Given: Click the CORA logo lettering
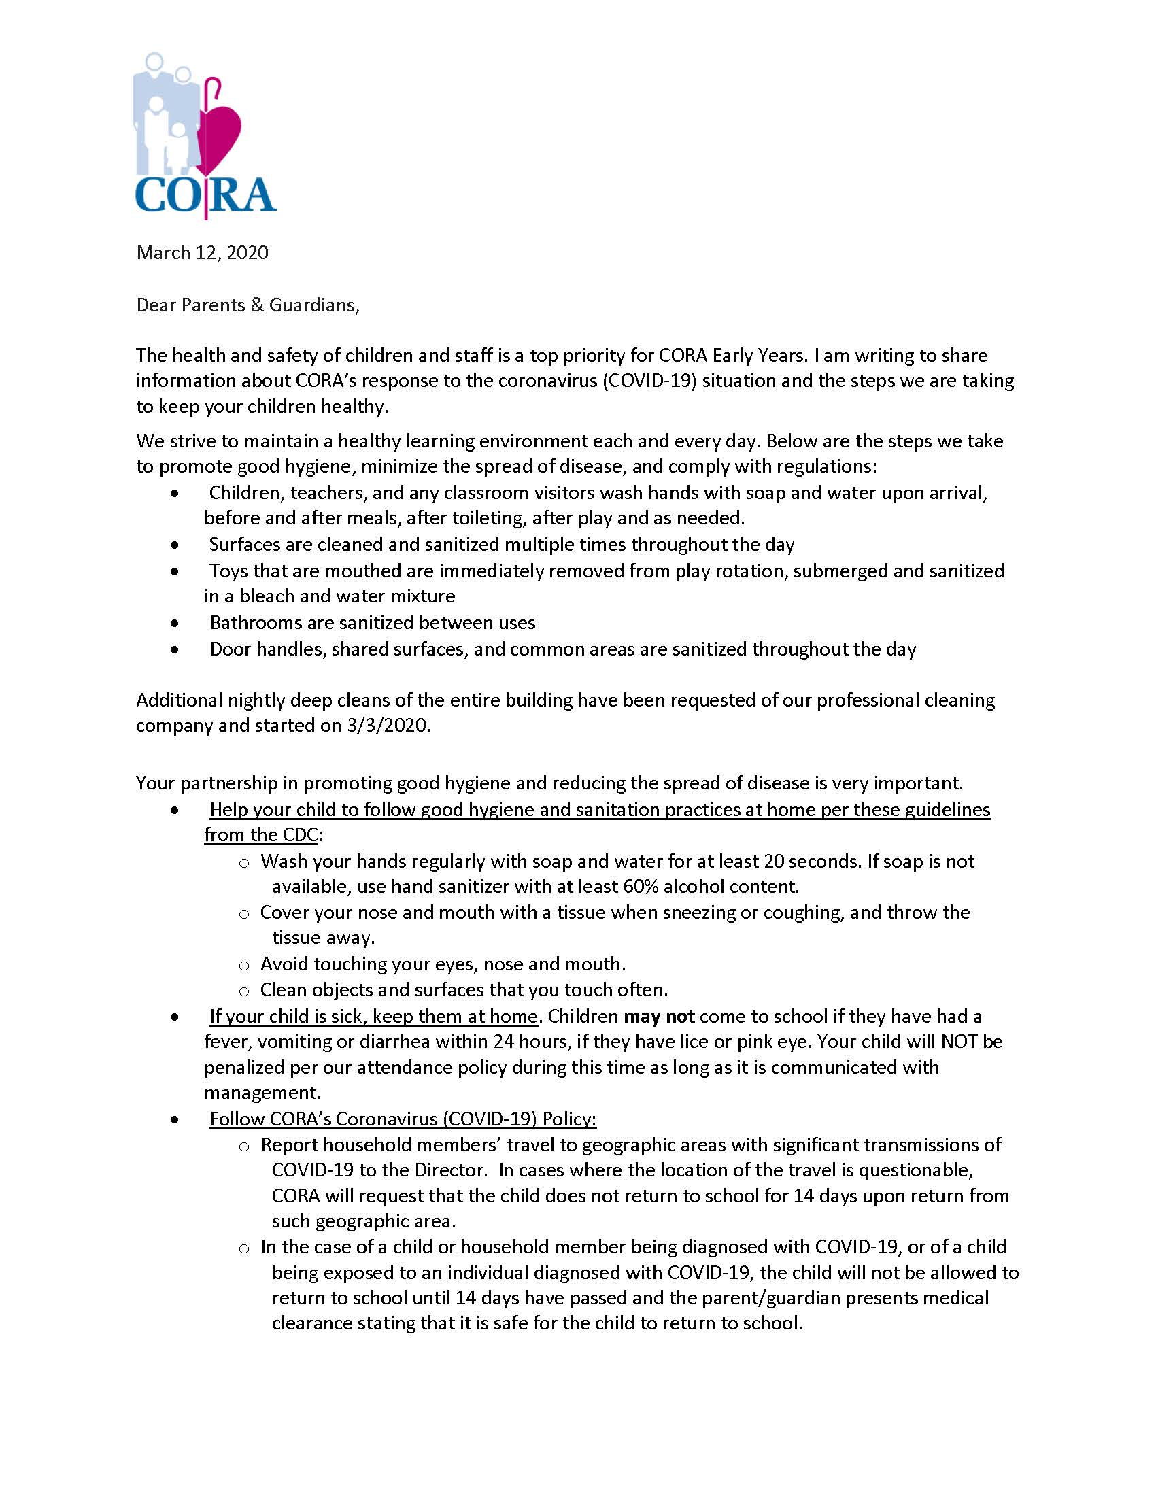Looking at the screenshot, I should [205, 196].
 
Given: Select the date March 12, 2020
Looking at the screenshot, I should [202, 253].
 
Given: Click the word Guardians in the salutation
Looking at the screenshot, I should [313, 305].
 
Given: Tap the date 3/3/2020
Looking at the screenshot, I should [388, 726].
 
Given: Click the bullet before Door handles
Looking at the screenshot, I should [175, 649].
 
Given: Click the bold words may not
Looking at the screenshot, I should [659, 1017].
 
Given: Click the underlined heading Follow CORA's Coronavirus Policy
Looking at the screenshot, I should [403, 1119].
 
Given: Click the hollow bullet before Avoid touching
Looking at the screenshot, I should [244, 966].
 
